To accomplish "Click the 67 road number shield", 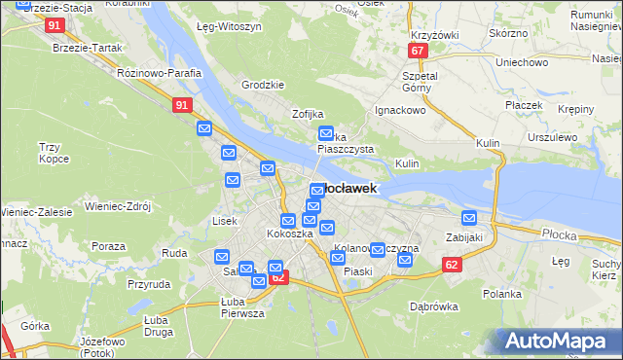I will point(418,51).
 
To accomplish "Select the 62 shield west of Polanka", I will point(450,264).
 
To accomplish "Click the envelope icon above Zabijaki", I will point(469,218).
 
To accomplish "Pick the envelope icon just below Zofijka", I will point(326,134).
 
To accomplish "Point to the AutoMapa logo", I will point(561,342).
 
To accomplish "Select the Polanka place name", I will point(502,293).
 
